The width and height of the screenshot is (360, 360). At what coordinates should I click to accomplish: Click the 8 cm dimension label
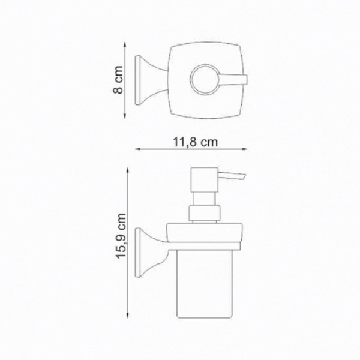pyautogui.click(x=118, y=80)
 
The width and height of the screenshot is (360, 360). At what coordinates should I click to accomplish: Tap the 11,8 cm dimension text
pyautogui.click(x=194, y=142)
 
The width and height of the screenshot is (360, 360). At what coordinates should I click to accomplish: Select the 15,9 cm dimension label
pyautogui.click(x=121, y=236)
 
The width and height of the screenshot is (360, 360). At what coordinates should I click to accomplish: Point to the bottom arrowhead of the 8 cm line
pyautogui.click(x=125, y=116)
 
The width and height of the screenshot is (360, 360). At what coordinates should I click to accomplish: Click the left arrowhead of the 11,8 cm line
pyautogui.click(x=137, y=149)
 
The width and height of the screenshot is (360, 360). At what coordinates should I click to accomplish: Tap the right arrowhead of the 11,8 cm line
pyautogui.click(x=245, y=149)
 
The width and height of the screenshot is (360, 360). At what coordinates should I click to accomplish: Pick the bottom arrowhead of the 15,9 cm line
pyautogui.click(x=127, y=316)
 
